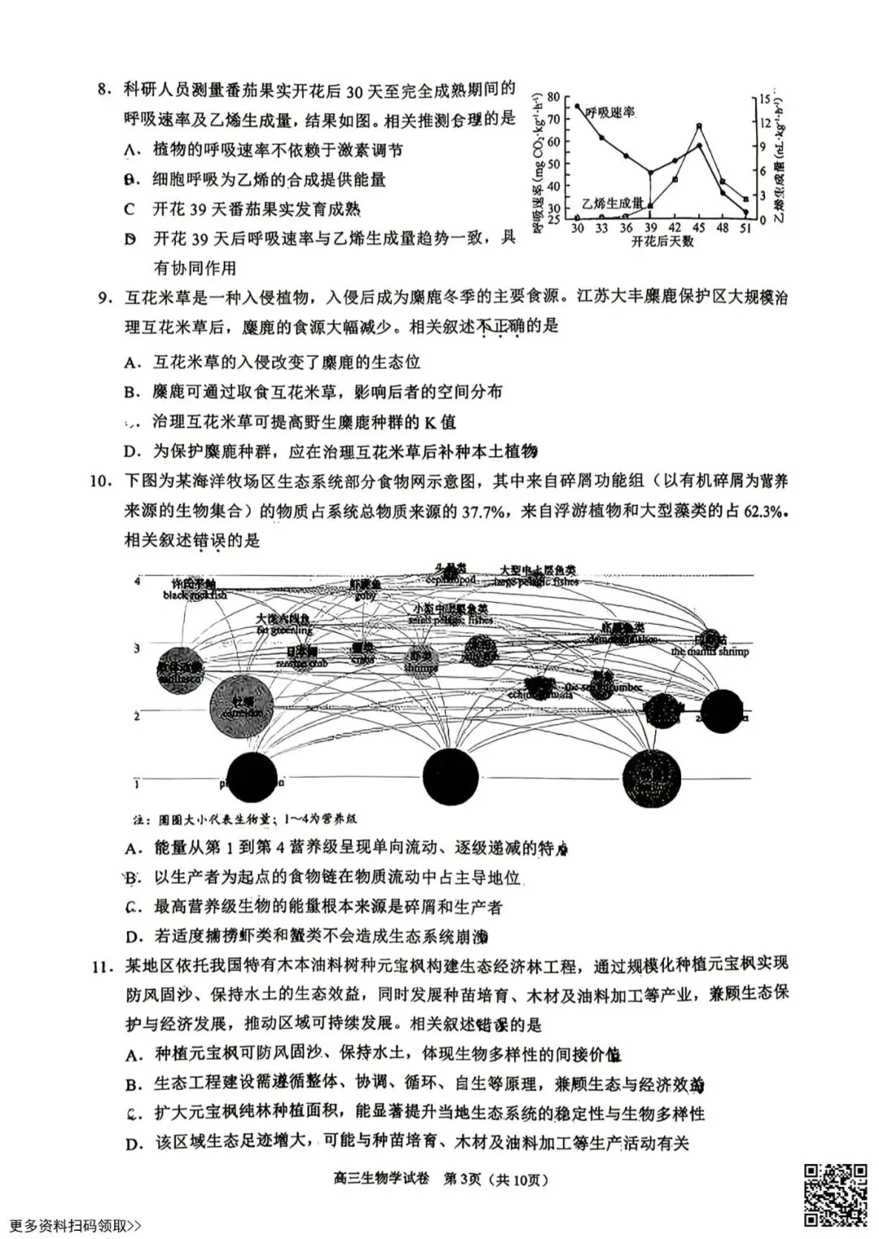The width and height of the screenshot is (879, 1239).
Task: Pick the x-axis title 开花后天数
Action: [x=662, y=242]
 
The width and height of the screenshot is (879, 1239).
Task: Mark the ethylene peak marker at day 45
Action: [x=699, y=126]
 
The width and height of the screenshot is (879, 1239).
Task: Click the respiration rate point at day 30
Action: [x=577, y=106]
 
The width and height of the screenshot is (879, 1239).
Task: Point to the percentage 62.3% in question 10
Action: [x=765, y=511]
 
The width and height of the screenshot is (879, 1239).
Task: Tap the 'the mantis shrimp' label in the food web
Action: [x=710, y=652]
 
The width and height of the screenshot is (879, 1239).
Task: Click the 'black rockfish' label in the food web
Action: [x=195, y=595]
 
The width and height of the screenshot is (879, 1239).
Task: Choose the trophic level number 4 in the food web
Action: [x=138, y=581]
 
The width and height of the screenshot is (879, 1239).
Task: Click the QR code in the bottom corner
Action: [x=836, y=1193]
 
